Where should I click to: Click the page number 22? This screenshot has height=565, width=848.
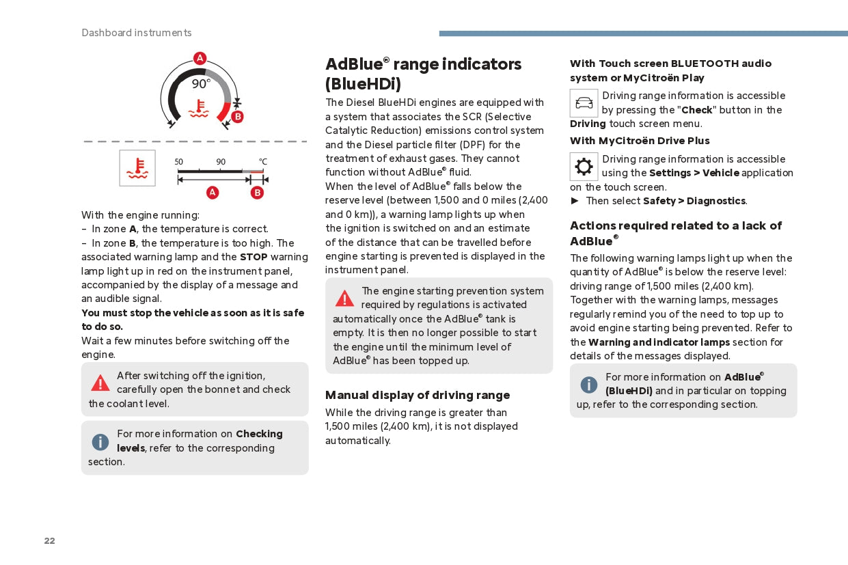click(49, 541)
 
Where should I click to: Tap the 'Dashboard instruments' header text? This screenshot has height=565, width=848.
click(137, 33)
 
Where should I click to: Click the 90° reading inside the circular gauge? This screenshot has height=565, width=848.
click(200, 84)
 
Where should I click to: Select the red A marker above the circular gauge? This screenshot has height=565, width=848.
click(200, 58)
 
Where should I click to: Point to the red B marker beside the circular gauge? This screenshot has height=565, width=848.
click(237, 117)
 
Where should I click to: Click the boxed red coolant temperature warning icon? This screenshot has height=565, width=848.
click(137, 168)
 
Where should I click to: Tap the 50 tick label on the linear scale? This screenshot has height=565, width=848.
click(179, 162)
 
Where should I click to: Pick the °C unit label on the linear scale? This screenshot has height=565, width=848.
click(263, 162)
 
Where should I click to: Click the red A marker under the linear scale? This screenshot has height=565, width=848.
click(213, 193)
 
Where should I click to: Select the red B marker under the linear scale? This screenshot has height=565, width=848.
click(257, 193)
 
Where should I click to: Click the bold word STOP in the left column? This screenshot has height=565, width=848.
click(254, 257)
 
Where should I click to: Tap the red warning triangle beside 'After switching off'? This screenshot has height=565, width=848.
click(100, 383)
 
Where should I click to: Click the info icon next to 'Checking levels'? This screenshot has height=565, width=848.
click(100, 442)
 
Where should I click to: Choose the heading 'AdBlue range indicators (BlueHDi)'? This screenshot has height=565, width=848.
click(423, 74)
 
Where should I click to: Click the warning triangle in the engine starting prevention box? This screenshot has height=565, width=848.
click(344, 299)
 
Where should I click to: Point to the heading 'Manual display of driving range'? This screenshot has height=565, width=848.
click(418, 395)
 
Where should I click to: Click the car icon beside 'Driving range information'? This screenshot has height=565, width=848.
click(584, 103)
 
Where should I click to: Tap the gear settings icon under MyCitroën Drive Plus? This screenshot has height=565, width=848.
click(584, 167)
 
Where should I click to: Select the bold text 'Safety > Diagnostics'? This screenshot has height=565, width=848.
click(694, 201)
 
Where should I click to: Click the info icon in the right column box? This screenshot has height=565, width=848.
click(589, 385)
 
